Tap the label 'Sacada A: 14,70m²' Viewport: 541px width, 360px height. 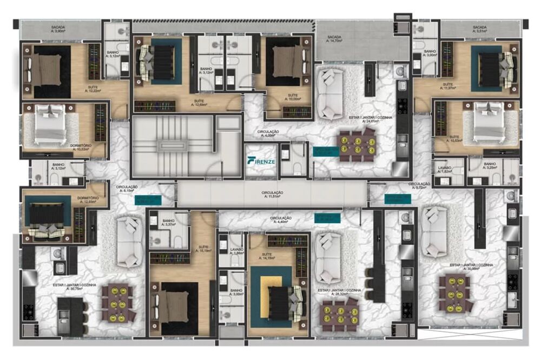(334, 39)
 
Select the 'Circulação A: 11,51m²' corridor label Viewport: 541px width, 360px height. (273, 194)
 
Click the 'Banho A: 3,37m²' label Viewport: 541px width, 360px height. (168, 223)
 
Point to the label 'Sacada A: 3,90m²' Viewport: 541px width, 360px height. (58, 29)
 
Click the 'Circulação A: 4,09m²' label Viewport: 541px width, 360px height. (269, 134)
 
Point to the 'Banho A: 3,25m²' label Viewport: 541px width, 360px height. (490, 166)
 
